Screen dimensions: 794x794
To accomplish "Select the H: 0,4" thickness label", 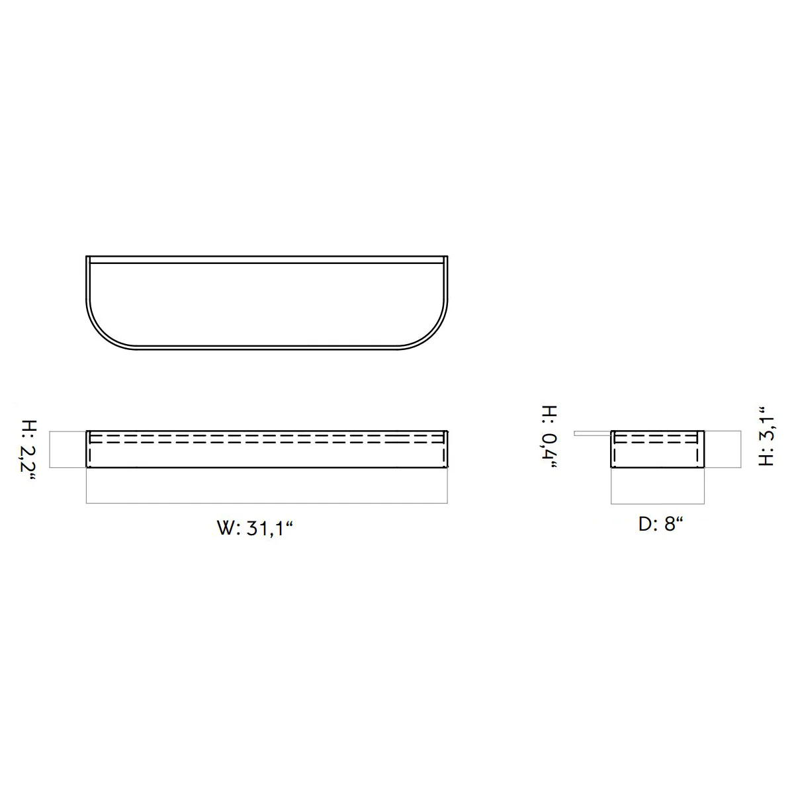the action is pos(549,437).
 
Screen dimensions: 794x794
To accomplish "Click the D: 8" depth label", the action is pos(660,524).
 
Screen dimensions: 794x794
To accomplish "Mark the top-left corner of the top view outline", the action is pos(86,256).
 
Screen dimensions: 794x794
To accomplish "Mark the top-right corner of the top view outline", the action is pos(448,256).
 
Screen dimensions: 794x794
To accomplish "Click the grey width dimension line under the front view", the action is pos(267,503).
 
